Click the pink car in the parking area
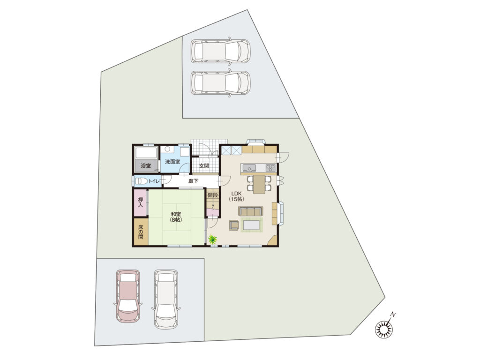pos(128,296)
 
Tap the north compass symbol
pos(383,329)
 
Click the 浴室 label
pos(146,165)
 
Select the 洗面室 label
pos(172,161)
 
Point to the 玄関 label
pos(204,165)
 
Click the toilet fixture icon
pos(142,181)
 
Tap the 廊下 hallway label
pos(193,181)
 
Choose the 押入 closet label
pos(141,202)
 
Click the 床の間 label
pos(141,232)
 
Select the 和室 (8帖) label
pos(176,217)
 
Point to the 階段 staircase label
pos(213,195)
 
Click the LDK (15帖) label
pos(236,196)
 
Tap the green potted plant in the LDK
pos(212,239)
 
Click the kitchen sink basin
pos(249,168)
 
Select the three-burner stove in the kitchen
pos(270,168)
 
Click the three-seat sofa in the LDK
pos(250,211)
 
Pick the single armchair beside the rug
pos(233,225)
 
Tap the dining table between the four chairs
pos(259,184)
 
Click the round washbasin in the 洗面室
pos(167,149)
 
